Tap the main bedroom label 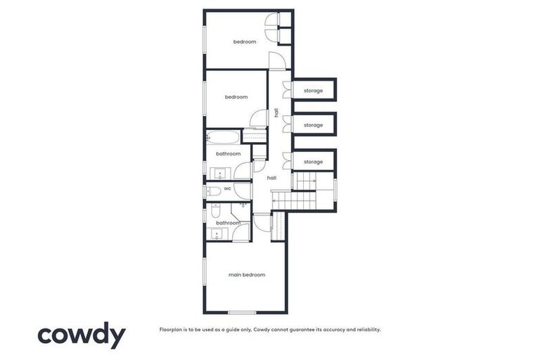coord(247,274)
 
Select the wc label coord(227,189)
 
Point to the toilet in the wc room coord(212,190)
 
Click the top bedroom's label coord(245,42)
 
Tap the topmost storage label coord(313,91)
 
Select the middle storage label coord(313,125)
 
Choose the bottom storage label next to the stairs coord(313,162)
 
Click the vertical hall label coord(276,112)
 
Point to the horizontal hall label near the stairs coord(271,178)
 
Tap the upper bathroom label coord(228,153)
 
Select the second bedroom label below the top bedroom coord(236,97)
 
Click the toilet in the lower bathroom coord(215,210)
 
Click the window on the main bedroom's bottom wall coord(241,312)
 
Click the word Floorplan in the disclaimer coord(172,329)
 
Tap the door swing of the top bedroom coord(277,60)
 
